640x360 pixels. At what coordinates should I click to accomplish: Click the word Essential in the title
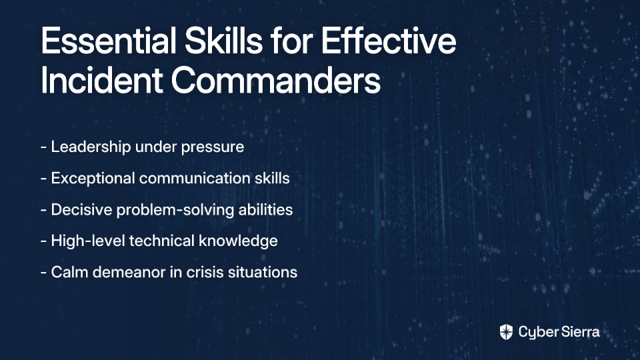click(109, 41)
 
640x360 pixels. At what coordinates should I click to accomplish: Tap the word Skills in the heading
click(224, 41)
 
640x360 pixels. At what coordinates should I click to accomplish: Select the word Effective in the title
click(389, 41)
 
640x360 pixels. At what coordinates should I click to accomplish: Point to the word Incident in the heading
click(102, 79)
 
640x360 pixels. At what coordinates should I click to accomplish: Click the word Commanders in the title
click(276, 79)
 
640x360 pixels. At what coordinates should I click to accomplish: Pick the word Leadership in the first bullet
click(91, 147)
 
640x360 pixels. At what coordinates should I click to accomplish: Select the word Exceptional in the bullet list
click(93, 179)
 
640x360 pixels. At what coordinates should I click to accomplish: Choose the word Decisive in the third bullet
click(81, 209)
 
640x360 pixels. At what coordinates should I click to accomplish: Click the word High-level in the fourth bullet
click(88, 241)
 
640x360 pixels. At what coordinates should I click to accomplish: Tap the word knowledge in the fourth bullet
click(238, 241)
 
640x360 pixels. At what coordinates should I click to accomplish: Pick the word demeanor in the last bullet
click(129, 272)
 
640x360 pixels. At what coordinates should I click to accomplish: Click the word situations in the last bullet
click(263, 272)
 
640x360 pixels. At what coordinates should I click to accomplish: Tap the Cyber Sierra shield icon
click(506, 332)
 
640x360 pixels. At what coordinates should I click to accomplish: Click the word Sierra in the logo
click(579, 332)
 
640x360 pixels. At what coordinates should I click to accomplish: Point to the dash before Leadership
click(44, 147)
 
